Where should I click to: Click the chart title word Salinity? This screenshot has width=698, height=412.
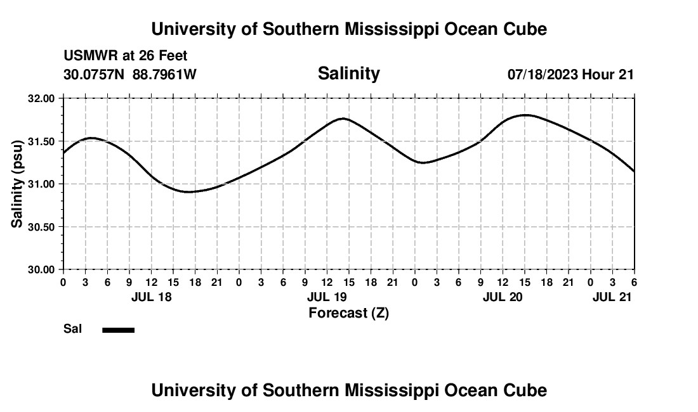(x=348, y=74)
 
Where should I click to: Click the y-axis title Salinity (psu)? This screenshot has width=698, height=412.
(x=17, y=184)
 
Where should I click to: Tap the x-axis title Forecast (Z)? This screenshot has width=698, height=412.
(x=348, y=312)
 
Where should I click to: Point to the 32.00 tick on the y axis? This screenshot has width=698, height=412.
(x=41, y=99)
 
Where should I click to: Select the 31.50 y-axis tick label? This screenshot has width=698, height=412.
(x=41, y=141)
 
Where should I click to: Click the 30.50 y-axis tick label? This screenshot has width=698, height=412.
(x=41, y=227)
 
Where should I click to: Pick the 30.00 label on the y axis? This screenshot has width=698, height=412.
(x=41, y=269)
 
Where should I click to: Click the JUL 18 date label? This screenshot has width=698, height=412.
(x=151, y=297)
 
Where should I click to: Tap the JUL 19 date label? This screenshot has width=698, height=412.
(x=327, y=297)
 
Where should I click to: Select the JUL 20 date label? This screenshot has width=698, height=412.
(x=503, y=297)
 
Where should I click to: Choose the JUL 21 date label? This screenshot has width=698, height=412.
(x=612, y=297)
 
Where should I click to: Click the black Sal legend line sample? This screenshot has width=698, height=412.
(x=118, y=330)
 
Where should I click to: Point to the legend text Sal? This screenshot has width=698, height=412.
(x=72, y=329)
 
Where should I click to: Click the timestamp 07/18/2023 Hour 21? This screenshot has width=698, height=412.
(x=570, y=74)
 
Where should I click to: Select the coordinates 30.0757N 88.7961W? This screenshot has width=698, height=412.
(x=130, y=74)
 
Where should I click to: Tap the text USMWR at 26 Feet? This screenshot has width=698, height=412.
(x=126, y=56)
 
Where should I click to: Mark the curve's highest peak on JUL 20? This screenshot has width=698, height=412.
(x=525, y=115)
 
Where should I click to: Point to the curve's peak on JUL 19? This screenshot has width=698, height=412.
(x=343, y=119)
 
